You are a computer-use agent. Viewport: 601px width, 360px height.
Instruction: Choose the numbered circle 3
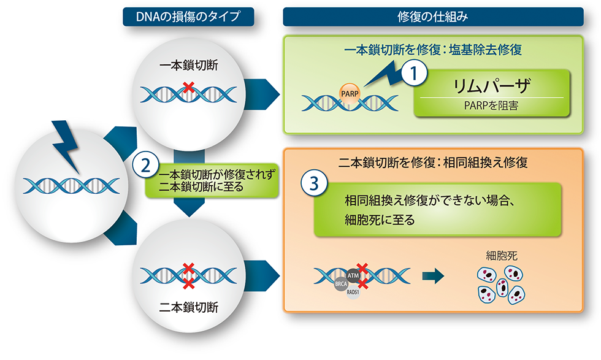click(x=314, y=182)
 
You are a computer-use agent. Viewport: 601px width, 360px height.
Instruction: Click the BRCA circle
click(x=341, y=285)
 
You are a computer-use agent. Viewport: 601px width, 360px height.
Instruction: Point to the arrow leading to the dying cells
click(x=434, y=278)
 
